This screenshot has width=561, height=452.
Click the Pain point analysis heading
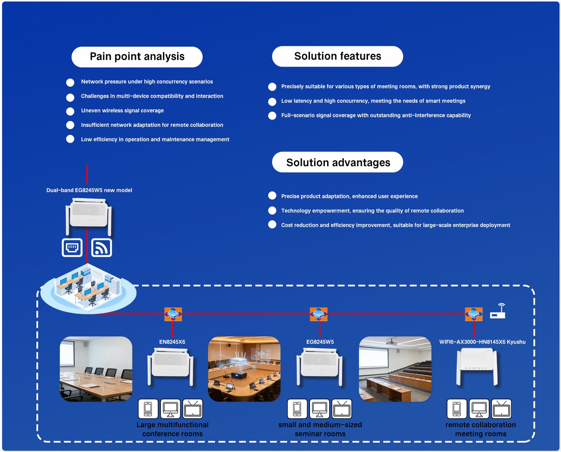[137, 57]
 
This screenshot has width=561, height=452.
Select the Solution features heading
[337, 56]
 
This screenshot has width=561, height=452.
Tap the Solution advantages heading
[338, 162]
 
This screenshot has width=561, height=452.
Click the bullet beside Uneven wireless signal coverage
[70, 111]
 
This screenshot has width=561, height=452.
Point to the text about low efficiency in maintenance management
[155, 139]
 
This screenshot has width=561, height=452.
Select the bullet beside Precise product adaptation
[272, 195]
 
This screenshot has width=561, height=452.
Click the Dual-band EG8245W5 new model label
[89, 190]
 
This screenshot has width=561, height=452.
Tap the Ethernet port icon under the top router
[72, 248]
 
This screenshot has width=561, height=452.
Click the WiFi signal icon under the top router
[102, 248]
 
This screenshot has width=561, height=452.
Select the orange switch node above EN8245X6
[173, 314]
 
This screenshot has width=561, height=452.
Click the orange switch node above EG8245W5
[318, 314]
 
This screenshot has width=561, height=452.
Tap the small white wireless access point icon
[498, 311]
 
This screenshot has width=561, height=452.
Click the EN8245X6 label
[172, 342]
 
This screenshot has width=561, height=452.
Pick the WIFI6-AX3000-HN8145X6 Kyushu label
[482, 342]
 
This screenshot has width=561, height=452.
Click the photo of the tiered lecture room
[395, 369]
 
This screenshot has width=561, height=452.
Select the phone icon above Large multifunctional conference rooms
[148, 409]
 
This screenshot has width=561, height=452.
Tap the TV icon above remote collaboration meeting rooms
[501, 409]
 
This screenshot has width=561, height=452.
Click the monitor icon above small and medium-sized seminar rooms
[319, 409]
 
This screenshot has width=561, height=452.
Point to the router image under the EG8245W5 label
[319, 367]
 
